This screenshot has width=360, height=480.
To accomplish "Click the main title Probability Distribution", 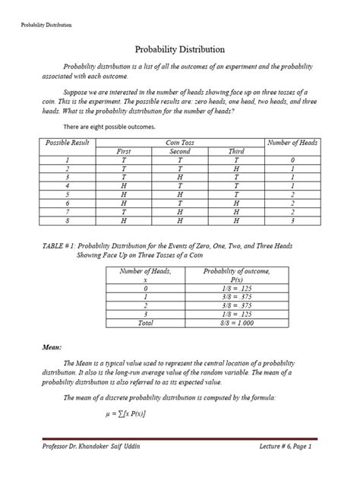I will tap(179, 48).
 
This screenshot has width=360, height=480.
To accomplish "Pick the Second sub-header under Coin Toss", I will tap(181, 152).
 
